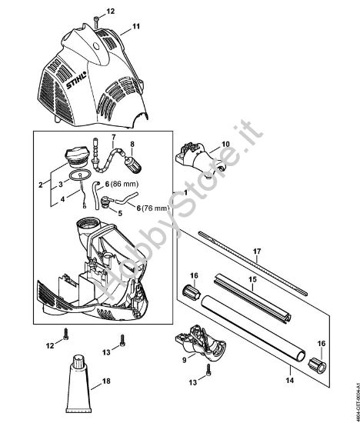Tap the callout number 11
click(x=136, y=27)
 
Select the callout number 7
click(x=113, y=139)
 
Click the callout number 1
click(x=182, y=190)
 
